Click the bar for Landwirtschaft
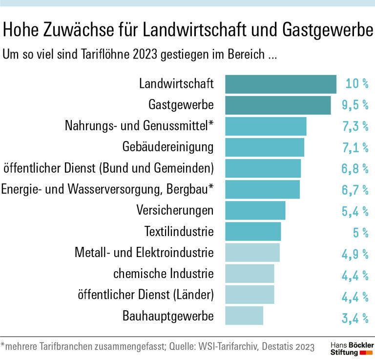(x=280, y=84)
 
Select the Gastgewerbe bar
(x=278, y=105)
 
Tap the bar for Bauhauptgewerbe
(x=244, y=316)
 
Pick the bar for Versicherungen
(x=255, y=210)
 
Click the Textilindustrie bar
(x=253, y=231)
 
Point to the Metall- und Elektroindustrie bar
(x=252, y=253)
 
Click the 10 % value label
(x=356, y=84)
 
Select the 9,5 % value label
(x=354, y=105)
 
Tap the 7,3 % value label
(x=354, y=126)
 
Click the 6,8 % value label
(x=354, y=169)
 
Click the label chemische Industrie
(x=164, y=274)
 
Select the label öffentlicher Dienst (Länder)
(x=146, y=295)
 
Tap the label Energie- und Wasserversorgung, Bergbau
(x=107, y=189)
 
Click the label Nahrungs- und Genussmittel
(x=139, y=126)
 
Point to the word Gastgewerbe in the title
(x=327, y=31)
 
